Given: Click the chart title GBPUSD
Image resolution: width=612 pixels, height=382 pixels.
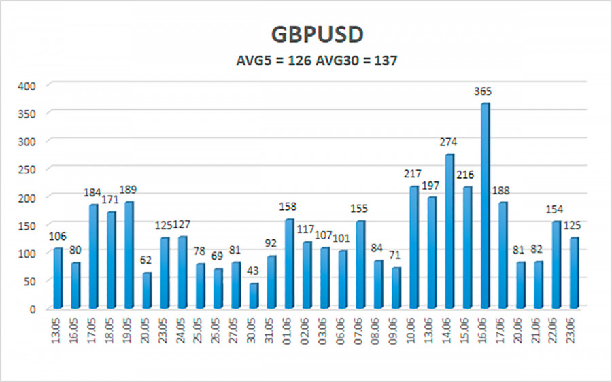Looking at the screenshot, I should click(306, 33).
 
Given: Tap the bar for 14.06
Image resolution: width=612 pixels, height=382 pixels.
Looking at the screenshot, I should click(449, 231).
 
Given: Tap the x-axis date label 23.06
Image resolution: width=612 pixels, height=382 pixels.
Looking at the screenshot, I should click(573, 332).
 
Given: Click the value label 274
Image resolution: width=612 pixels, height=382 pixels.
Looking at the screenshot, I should click(448, 142).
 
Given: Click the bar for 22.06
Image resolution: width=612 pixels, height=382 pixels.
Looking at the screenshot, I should click(556, 264).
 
